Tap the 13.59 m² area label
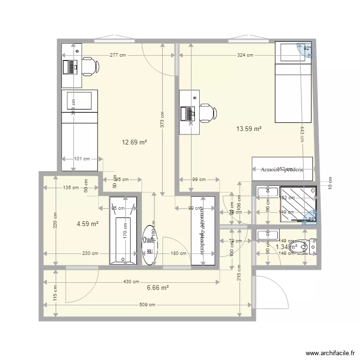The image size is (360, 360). [x=249, y=129]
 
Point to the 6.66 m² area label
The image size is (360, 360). [x=158, y=288]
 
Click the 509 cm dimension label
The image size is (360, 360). [x=148, y=305]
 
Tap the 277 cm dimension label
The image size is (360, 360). [x=118, y=55]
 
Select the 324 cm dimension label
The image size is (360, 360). [x=245, y=55]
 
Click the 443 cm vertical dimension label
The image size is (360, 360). [x=302, y=134]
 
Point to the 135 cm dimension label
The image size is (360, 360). [x=71, y=188]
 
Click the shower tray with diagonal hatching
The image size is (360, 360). [x=299, y=204]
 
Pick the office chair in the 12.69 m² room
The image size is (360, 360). [x=89, y=66]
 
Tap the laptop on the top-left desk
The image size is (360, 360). [x=70, y=67]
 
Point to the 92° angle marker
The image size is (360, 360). [x=306, y=48]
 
